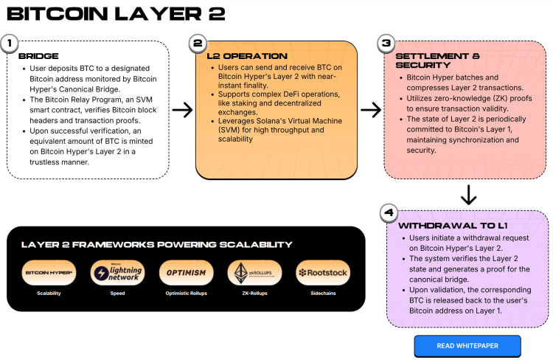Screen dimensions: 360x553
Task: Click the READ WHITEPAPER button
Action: click(467, 345)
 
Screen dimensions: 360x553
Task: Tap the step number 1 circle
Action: click(10, 44)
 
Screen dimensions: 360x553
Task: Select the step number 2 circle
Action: click(197, 44)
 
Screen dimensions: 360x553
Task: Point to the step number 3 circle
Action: click(386, 44)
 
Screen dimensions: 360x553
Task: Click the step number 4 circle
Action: click(389, 213)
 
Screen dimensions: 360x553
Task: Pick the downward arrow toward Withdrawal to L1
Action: click(468, 194)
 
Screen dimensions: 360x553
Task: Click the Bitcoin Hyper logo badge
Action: click(49, 273)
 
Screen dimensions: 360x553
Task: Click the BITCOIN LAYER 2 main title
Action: click(111, 13)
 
